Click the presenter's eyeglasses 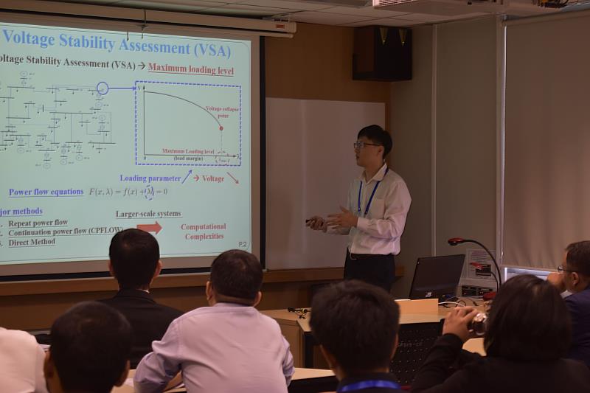pyautogui.click(x=366, y=145)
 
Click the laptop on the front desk pyautogui.click(x=437, y=277)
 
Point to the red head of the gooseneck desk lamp pyautogui.click(x=457, y=241)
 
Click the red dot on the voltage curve pyautogui.click(x=221, y=128)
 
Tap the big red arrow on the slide pyautogui.click(x=149, y=227)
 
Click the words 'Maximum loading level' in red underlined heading pyautogui.click(x=190, y=68)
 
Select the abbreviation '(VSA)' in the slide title pyautogui.click(x=208, y=50)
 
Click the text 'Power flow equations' pyautogui.click(x=46, y=192)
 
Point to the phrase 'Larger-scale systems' pyautogui.click(x=147, y=215)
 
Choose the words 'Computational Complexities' pyautogui.click(x=204, y=232)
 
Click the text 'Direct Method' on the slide pyautogui.click(x=32, y=242)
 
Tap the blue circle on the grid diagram pyautogui.click(x=103, y=88)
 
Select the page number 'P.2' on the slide pyautogui.click(x=243, y=244)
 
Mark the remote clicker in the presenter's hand pyautogui.click(x=311, y=221)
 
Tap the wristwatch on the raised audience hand pyautogui.click(x=480, y=322)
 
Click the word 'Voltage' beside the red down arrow pyautogui.click(x=213, y=178)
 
